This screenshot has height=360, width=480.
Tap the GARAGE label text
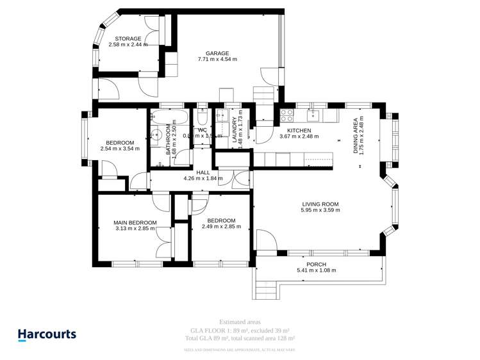(x=217, y=53)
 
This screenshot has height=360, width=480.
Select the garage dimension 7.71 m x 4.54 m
(x=217, y=60)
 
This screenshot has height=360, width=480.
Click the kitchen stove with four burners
(x=286, y=116)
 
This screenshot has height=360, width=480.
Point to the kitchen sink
(x=314, y=115)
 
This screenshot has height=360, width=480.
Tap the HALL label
(x=203, y=172)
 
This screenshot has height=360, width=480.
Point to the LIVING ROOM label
(x=320, y=204)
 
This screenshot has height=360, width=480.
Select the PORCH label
(x=316, y=264)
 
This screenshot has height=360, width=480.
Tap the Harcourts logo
(x=46, y=334)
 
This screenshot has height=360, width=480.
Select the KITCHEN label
(x=299, y=130)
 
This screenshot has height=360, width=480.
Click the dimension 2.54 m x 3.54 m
(x=120, y=149)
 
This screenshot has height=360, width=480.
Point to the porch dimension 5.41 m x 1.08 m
(x=316, y=270)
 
